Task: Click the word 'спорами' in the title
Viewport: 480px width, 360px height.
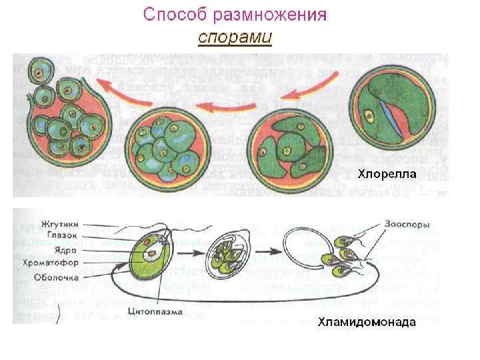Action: (235, 37)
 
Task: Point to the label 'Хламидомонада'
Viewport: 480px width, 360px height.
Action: (366, 322)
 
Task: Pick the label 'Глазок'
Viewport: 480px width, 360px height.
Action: (65, 234)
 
